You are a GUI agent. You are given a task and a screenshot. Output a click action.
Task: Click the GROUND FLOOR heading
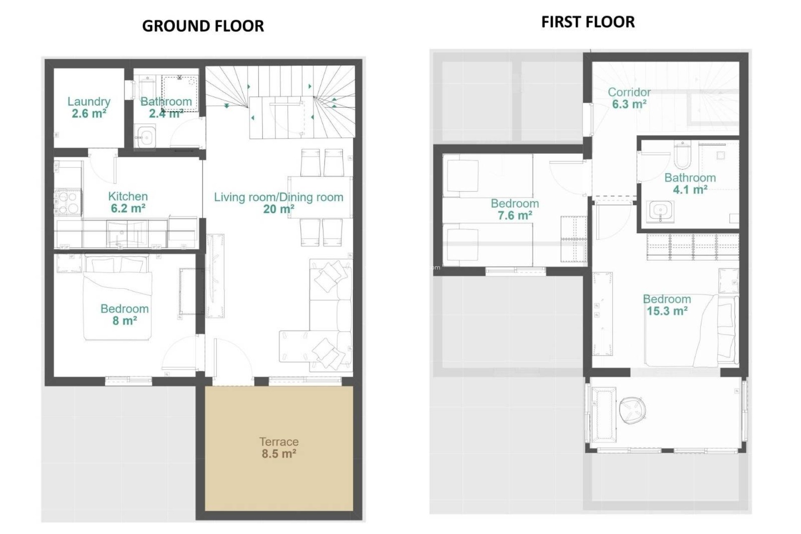pos(203,26)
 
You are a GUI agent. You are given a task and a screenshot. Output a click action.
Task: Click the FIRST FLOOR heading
pos(588,22)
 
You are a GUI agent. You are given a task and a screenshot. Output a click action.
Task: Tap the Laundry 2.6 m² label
pos(89,107)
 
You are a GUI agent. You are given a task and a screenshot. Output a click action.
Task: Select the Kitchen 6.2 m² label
pos(128,202)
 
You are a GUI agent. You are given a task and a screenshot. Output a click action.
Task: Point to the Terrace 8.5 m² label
pos(279,448)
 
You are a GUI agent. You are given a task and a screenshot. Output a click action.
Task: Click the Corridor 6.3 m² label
pos(629,98)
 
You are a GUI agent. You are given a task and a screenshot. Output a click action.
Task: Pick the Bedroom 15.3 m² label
pos(667,305)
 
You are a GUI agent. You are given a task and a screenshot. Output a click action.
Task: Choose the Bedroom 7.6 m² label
pos(515,209)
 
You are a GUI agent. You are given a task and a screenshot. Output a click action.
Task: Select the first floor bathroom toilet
pos(682,155)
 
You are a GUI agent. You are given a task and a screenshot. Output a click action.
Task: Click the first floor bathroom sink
pos(660,211)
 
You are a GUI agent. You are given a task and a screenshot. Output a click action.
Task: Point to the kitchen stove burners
pos(68,202)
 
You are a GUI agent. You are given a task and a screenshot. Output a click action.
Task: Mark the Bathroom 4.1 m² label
pos(690,184)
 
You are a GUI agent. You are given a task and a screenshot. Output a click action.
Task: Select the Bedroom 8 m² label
pos(124,315)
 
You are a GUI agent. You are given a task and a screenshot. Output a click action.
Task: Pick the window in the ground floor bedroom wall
pos(128,380)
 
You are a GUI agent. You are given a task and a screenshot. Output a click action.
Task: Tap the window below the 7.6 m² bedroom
pos(516,271)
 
